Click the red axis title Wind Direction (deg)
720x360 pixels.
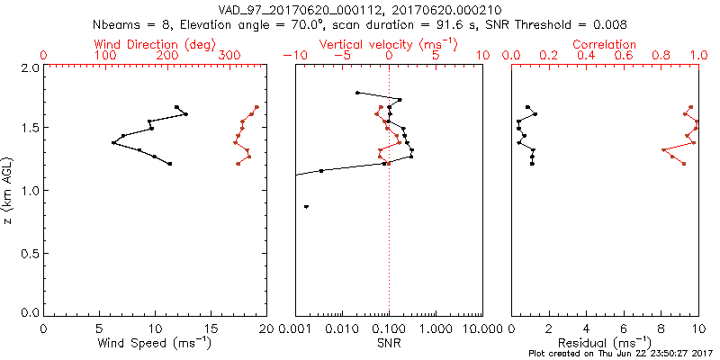click(x=155, y=43)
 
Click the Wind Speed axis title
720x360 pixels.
click(x=155, y=343)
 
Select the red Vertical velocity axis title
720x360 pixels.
click(x=389, y=43)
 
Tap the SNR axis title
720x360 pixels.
click(x=389, y=343)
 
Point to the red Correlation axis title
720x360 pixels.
click(x=604, y=43)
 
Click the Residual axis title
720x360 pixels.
click(x=604, y=343)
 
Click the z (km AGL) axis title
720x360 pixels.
click(x=10, y=190)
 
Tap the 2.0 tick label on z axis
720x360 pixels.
click(x=30, y=67)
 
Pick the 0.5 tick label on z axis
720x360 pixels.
click(x=30, y=251)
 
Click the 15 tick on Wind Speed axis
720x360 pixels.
click(x=211, y=328)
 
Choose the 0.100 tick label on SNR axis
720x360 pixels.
click(x=389, y=328)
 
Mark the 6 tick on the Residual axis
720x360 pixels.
click(x=624, y=328)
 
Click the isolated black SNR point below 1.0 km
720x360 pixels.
click(x=307, y=207)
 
